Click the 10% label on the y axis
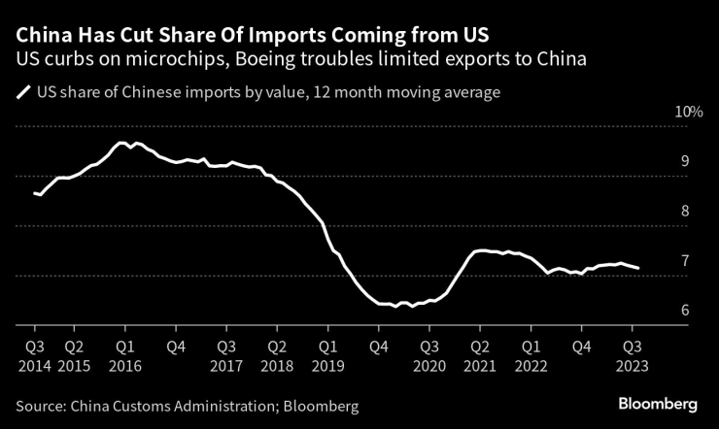(690, 113)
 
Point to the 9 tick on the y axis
(685, 161)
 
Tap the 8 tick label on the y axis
(685, 212)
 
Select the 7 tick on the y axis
(685, 261)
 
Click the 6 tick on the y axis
(685, 311)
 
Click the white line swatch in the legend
(22, 94)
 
